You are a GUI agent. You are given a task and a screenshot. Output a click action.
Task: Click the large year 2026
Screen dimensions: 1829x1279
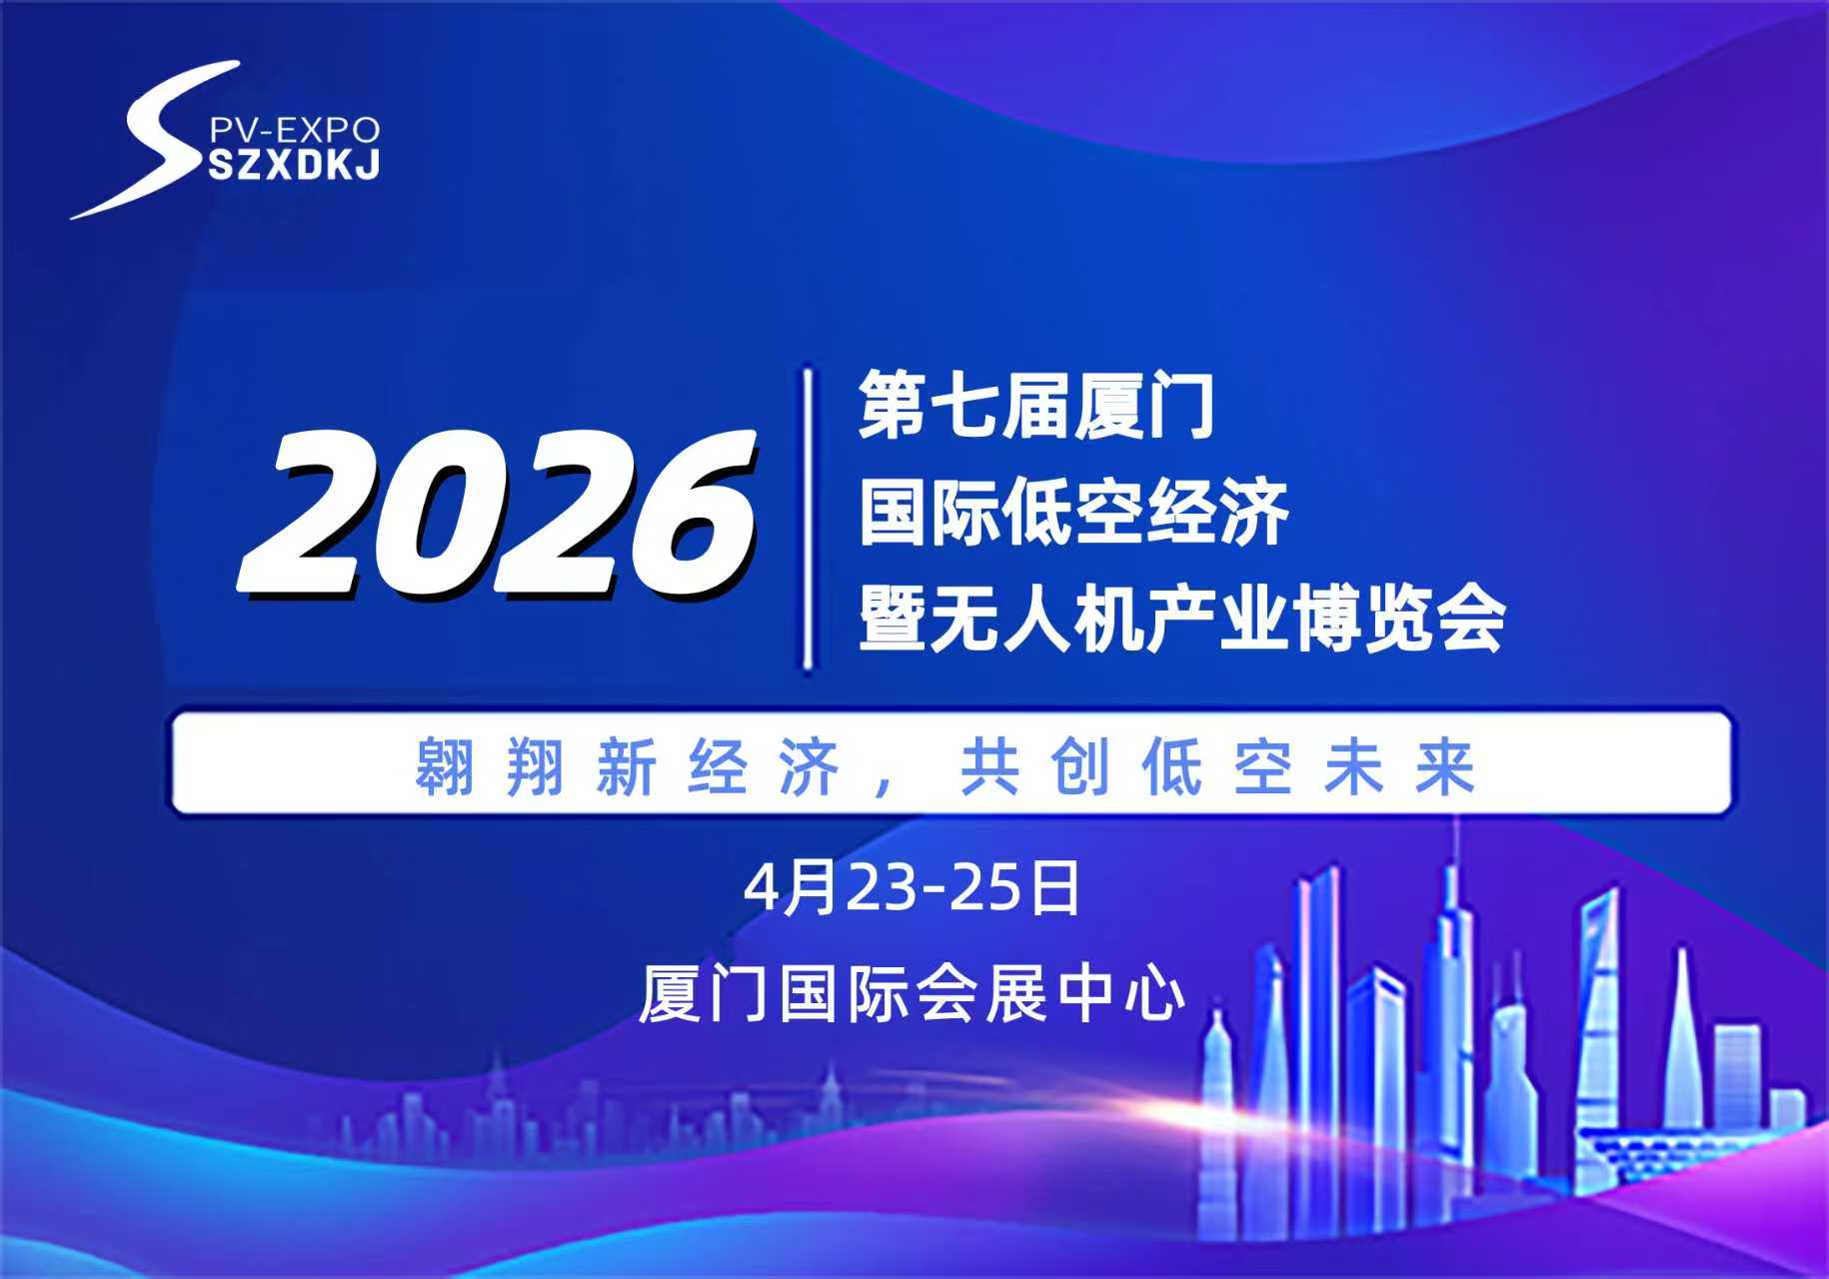497,514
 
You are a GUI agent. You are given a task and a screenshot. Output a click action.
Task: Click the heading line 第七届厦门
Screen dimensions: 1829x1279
1036,405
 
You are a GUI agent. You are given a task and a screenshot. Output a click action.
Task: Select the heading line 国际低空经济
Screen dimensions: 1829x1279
1074,513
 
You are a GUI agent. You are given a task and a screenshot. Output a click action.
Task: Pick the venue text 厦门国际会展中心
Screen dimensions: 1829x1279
913,993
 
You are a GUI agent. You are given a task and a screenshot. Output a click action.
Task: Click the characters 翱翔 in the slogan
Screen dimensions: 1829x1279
491,766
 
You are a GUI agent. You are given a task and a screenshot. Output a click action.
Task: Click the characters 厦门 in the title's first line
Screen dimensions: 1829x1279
1144,405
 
